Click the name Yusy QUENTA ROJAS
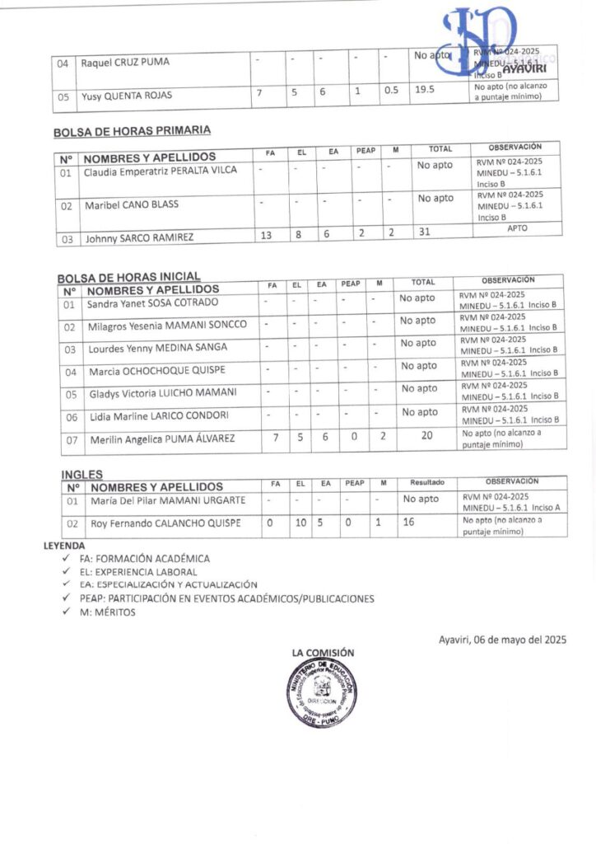point(126,96)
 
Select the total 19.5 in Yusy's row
point(425,91)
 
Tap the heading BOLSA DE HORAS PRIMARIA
point(132,130)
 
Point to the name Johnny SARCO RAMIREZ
point(139,238)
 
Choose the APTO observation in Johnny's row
point(518,228)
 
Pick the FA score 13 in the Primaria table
point(266,236)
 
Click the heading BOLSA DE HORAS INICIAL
point(128,277)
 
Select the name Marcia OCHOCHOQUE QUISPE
point(156,370)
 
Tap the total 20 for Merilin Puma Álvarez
point(426,437)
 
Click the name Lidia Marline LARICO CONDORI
point(159,415)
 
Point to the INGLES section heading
point(82,475)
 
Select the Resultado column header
point(427,482)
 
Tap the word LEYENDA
point(63,546)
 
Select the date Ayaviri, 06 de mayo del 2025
point(502,639)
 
